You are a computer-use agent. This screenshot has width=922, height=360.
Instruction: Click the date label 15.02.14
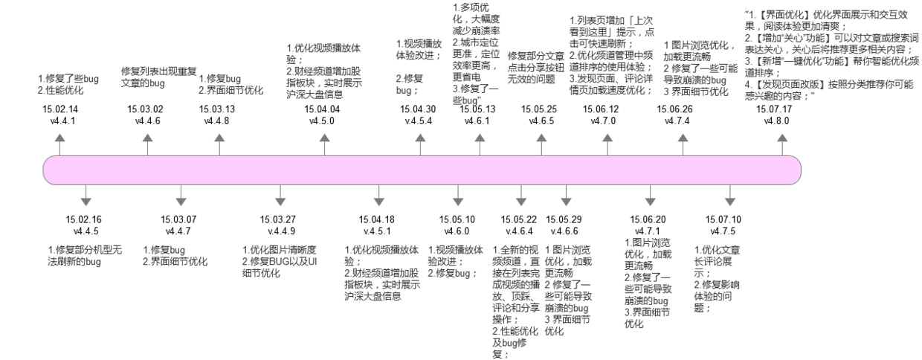[x=60, y=109]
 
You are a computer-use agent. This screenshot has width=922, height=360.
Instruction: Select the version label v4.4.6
[x=148, y=120]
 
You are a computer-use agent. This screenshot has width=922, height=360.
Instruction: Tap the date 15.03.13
[x=217, y=109]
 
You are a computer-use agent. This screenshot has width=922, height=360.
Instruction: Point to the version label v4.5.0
[x=322, y=120]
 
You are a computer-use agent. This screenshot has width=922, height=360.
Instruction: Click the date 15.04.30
[x=418, y=109]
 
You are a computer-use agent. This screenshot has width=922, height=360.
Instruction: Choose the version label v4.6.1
[x=477, y=120]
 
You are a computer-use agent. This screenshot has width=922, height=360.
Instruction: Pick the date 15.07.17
[x=774, y=109]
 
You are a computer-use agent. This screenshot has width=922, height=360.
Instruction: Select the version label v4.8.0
[x=777, y=120]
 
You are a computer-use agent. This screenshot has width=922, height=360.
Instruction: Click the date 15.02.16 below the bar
[x=83, y=219]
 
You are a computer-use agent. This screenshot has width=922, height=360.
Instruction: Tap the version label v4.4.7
[x=178, y=231]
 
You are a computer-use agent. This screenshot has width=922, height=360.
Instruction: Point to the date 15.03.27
[x=278, y=219]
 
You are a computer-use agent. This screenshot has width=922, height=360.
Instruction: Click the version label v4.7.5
[x=723, y=231]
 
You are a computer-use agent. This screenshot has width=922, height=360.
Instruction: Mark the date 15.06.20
[x=648, y=219]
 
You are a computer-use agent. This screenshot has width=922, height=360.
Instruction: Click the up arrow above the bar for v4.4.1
[x=60, y=145]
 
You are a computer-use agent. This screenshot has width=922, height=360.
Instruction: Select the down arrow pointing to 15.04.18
[x=378, y=195]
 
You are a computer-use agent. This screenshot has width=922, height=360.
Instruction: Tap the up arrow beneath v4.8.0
[x=782, y=145]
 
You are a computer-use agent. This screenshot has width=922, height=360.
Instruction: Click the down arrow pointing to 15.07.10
[x=730, y=195]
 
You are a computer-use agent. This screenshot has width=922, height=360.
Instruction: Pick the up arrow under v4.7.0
[x=607, y=145]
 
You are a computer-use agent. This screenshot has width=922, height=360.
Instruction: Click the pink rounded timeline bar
[x=422, y=170]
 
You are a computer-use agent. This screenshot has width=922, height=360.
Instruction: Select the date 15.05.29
[x=564, y=219]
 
